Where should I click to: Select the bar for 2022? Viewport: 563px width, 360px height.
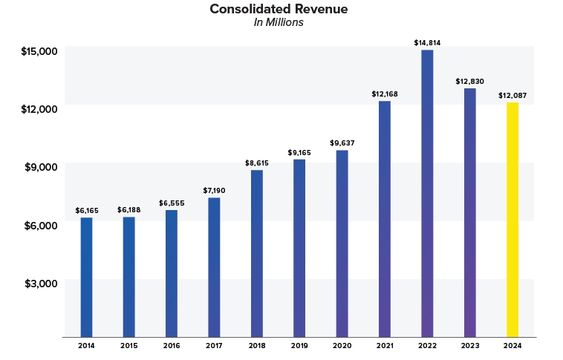tap(427, 193)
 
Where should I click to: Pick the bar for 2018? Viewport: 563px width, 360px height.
tap(257, 253)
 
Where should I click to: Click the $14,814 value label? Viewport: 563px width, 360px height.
tap(427, 43)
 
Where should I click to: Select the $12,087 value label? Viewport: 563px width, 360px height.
tap(512, 95)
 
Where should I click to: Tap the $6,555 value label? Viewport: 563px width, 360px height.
tap(172, 203)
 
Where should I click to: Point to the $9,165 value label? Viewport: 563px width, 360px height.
tap(299, 152)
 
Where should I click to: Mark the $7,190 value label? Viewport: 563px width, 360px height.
tap(214, 191)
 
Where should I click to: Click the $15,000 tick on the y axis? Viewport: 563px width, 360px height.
tap(39, 51)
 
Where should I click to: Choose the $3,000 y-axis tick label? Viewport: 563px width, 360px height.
tap(42, 284)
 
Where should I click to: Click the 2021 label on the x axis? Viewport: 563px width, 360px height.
tap(385, 345)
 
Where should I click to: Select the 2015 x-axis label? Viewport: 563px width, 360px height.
tap(128, 345)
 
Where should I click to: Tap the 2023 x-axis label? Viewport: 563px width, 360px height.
tap(469, 345)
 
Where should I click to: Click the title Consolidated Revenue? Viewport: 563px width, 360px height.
tap(279, 10)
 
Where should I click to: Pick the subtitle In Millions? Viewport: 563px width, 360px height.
tap(279, 23)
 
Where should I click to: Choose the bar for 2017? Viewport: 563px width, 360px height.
tap(214, 267)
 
